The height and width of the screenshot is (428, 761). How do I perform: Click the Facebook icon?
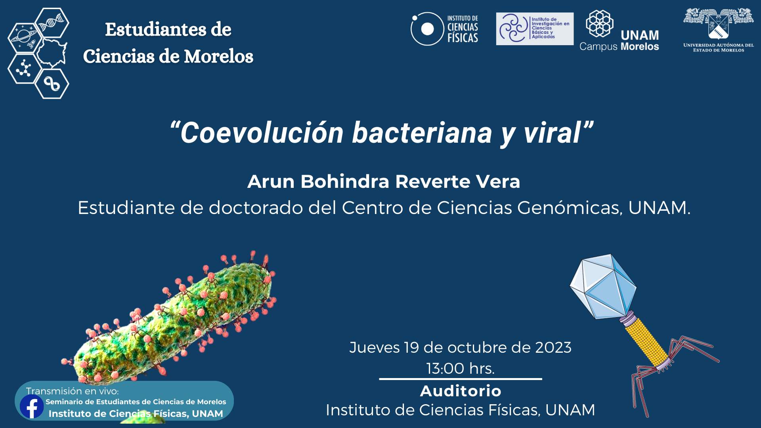(x=32, y=406)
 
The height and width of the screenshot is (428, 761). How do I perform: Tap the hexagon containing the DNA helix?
(x=52, y=23)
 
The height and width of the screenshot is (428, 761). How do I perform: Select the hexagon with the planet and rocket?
(x=25, y=38)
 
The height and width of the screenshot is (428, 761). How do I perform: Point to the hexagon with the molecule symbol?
(x=25, y=69)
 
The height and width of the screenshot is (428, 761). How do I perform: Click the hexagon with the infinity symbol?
(x=52, y=84)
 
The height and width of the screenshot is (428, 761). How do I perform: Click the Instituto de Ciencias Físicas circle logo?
(x=427, y=29)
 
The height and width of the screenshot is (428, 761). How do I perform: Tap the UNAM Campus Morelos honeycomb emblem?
(x=600, y=23)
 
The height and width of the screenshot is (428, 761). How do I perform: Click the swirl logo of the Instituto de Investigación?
(x=513, y=28)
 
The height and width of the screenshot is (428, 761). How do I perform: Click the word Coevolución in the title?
(x=262, y=133)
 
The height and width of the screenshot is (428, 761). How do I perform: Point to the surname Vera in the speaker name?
(x=498, y=182)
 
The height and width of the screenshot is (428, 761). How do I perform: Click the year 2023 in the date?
(x=553, y=348)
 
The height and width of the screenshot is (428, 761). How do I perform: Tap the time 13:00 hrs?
(x=461, y=369)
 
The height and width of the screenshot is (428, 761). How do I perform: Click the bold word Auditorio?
(x=461, y=391)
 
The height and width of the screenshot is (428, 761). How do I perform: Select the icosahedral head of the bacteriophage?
(x=603, y=286)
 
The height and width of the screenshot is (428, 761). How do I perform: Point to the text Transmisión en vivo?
(x=72, y=391)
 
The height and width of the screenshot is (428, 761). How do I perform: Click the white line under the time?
(x=461, y=379)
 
